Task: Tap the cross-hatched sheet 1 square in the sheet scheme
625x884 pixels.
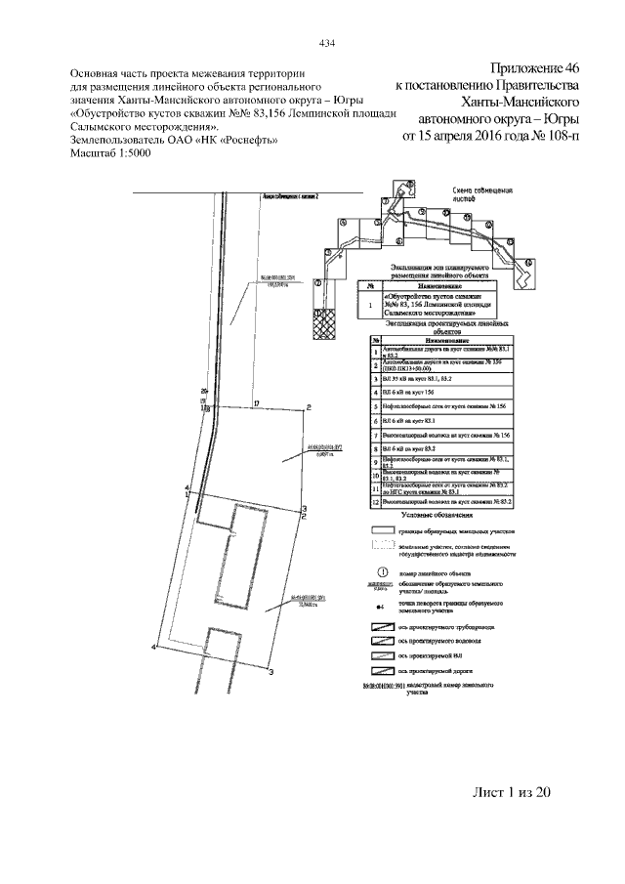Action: point(322,322)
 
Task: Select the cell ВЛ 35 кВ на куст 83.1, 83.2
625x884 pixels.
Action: point(420,377)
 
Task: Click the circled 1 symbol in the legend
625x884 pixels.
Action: point(382,572)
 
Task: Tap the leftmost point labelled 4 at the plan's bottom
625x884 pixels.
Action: point(154,646)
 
